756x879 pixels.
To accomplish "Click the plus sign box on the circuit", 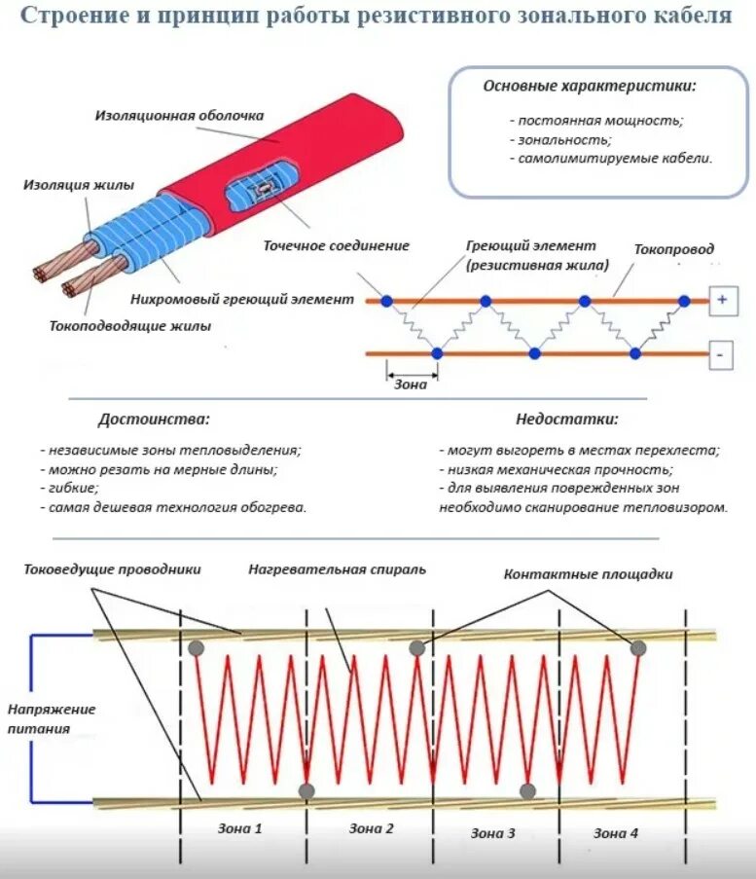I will (x=722, y=300).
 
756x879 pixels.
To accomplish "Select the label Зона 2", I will (x=371, y=829).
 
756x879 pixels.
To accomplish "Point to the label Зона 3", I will (x=494, y=833).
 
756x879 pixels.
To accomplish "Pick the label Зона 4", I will (x=617, y=833).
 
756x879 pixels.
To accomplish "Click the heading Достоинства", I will (x=154, y=420).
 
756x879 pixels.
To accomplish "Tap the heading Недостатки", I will (x=567, y=420).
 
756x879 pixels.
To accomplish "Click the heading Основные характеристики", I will (x=590, y=86).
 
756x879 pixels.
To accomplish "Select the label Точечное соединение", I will (x=337, y=245).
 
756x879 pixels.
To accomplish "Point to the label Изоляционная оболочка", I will (x=179, y=115).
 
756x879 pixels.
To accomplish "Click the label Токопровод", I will (x=675, y=248).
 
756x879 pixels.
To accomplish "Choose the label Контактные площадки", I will (x=589, y=574).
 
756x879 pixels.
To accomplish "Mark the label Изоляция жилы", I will (x=80, y=184).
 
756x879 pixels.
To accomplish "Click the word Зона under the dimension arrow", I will (x=411, y=385).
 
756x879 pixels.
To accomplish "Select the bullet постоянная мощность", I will (x=595, y=120).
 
